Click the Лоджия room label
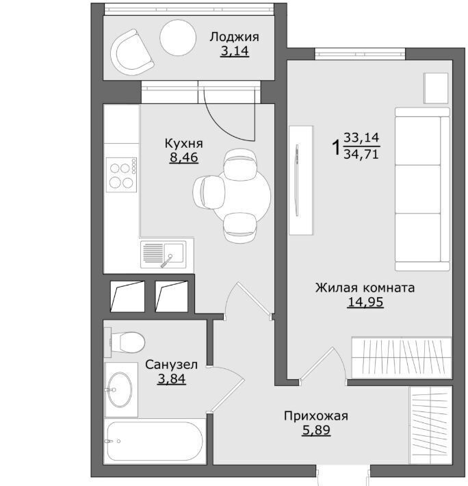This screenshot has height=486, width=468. click(x=234, y=37)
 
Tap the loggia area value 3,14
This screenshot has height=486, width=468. click(x=235, y=51)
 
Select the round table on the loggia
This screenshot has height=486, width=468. click(x=178, y=38)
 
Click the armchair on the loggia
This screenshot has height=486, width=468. click(x=132, y=52)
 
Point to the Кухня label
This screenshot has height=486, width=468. click(x=183, y=144)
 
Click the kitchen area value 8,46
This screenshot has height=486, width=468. click(x=183, y=157)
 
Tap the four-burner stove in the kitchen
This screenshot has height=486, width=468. click(x=121, y=175)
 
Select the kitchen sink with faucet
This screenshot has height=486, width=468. click(x=164, y=255)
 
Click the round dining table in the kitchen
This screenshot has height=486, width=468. click(x=241, y=195)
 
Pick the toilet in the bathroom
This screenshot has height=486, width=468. click(x=125, y=342)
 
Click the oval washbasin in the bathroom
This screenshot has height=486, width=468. click(x=120, y=389)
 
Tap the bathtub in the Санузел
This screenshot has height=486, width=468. click(x=155, y=441)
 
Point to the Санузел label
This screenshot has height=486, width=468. click(x=171, y=365)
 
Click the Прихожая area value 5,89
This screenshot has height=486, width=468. click(x=316, y=430)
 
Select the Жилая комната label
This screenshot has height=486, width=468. click(x=365, y=288)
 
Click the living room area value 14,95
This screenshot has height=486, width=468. click(x=365, y=302)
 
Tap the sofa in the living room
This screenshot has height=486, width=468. click(x=422, y=190)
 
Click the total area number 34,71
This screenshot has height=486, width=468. click(x=361, y=154)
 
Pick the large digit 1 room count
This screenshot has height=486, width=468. click(x=336, y=148)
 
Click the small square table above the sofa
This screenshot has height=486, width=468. click(x=436, y=88)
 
